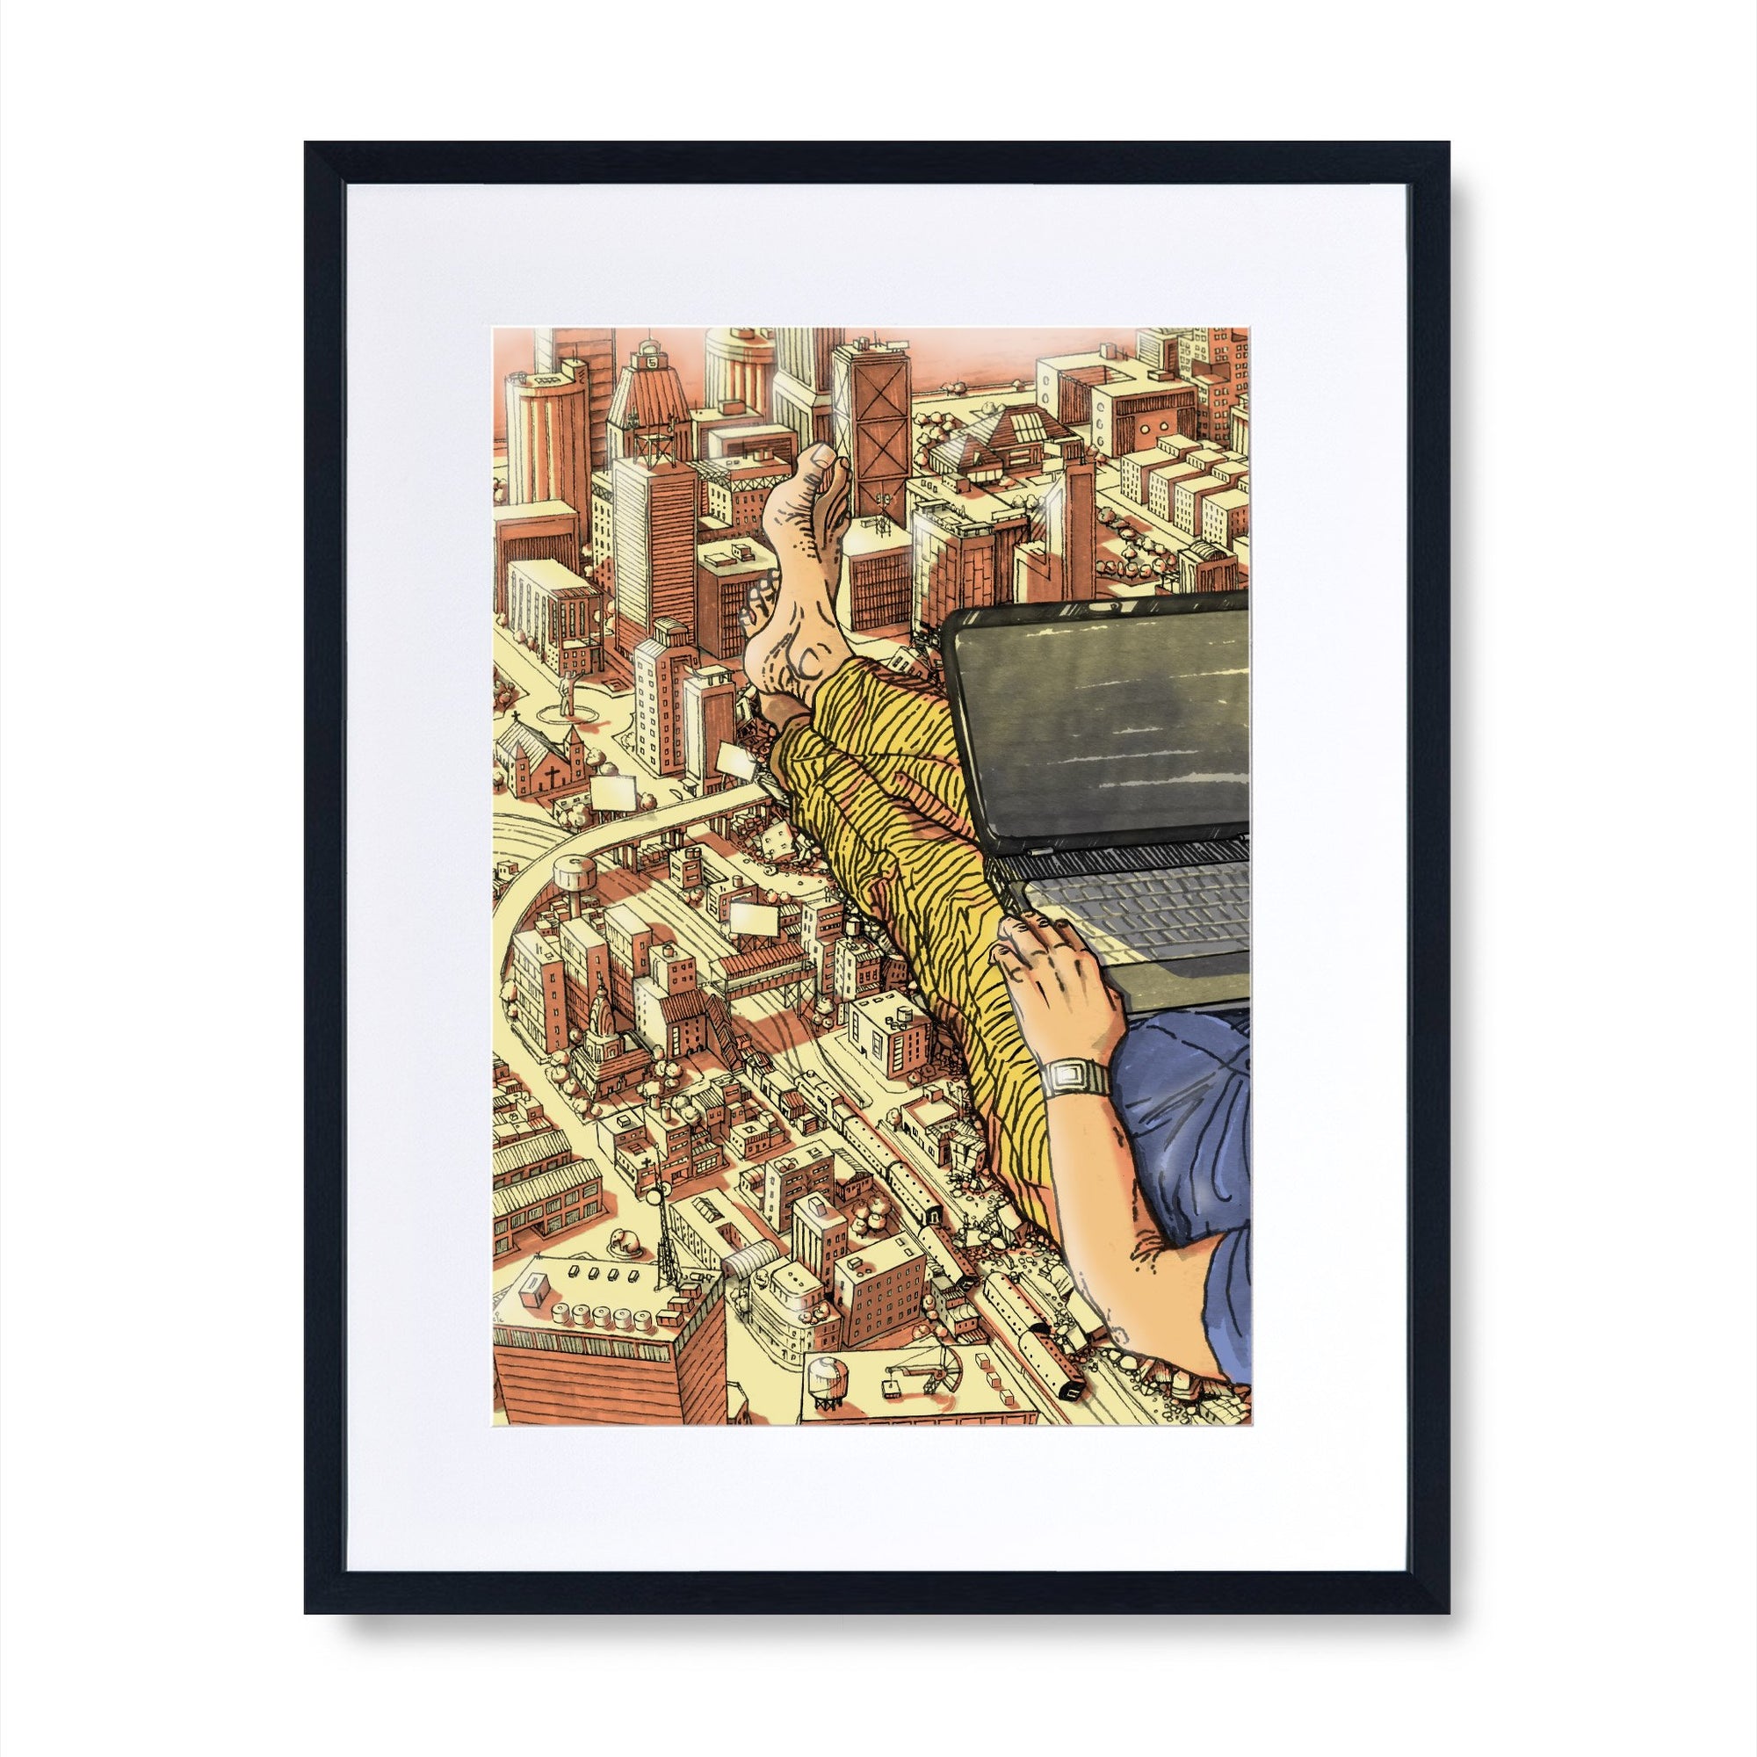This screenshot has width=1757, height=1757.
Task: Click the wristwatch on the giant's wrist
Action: pos(1075,1079)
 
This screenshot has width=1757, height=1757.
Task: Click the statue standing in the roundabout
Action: pos(567,693)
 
